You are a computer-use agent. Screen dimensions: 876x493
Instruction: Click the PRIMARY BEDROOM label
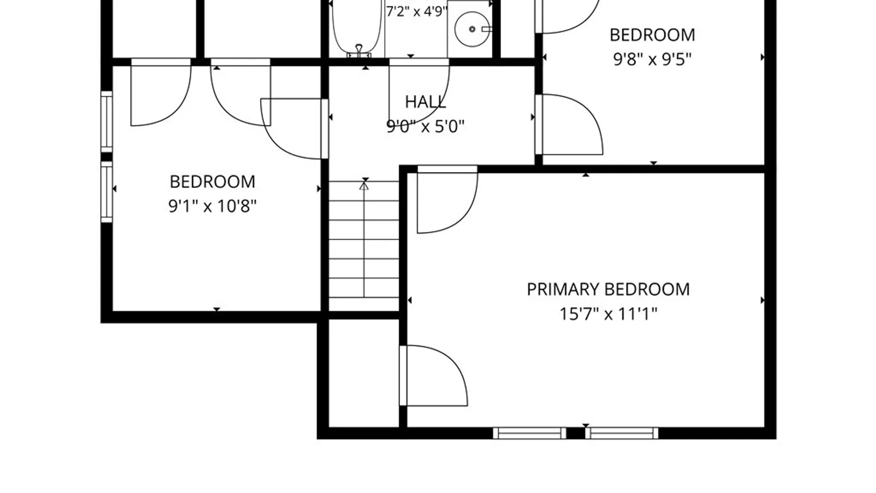pos(608,289)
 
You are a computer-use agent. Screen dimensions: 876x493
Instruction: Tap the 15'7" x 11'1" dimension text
pos(608,314)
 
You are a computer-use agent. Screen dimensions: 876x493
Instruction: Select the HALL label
pos(425,102)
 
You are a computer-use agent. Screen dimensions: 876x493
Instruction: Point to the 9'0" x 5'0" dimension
pos(425,126)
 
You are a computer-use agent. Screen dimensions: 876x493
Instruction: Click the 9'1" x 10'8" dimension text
pos(213,206)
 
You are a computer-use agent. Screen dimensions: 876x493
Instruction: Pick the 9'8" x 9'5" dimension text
pos(652,59)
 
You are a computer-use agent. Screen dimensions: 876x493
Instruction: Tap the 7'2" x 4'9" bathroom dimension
pos(417,11)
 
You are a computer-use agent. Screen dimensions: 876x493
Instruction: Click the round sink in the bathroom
pos(472,29)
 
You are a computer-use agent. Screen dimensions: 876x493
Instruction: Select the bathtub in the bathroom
pos(357,27)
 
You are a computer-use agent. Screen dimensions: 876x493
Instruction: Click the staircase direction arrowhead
pos(364,186)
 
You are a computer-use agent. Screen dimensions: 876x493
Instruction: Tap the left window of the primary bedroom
pos(530,433)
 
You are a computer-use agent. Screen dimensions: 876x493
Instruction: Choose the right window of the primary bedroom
pos(622,433)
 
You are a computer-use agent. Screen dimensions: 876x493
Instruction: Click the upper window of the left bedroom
pos(106,121)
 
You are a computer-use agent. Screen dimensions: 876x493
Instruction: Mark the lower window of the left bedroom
pos(106,192)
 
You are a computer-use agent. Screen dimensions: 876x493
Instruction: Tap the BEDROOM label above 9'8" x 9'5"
pos(652,35)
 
